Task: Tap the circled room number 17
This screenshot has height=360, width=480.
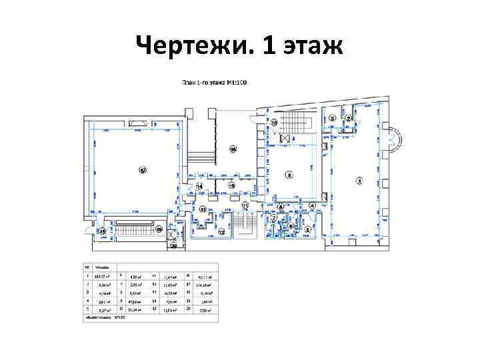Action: click(143, 171)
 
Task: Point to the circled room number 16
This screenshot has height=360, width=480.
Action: click(233, 149)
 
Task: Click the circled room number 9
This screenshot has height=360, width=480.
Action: click(289, 175)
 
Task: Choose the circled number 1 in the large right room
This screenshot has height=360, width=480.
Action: click(359, 180)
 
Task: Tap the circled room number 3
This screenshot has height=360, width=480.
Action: click(332, 118)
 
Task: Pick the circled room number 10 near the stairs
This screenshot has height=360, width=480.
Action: click(274, 123)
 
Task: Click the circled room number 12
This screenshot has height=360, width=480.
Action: click(221, 231)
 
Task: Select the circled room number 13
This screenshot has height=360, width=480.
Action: click(203, 209)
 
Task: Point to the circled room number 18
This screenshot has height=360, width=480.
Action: click(103, 231)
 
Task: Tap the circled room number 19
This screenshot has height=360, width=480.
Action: click(159, 229)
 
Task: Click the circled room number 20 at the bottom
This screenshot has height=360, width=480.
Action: click(173, 246)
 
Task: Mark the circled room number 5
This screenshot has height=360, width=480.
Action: click(307, 230)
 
